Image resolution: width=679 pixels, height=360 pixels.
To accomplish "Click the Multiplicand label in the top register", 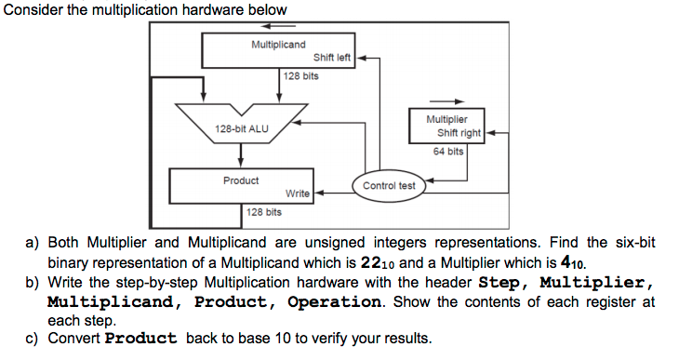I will (279, 45).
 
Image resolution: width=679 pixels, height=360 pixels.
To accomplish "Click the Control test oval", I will (389, 186).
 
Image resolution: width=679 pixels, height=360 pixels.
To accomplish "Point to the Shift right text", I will (459, 133).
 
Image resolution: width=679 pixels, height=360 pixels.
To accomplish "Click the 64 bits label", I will (448, 151).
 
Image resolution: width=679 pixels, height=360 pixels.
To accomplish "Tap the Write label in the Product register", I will (298, 193).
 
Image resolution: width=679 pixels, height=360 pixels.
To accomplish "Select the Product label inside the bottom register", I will (241, 180).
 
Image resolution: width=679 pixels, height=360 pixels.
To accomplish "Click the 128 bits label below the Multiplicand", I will (300, 76).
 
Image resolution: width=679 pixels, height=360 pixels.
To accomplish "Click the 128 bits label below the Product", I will (263, 212).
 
